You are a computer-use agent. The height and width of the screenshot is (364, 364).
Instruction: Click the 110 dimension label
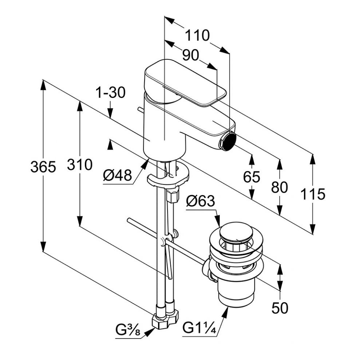click(198, 36)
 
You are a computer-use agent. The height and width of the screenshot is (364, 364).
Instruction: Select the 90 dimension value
click(190, 55)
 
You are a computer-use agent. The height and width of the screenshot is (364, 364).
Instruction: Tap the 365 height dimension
click(43, 167)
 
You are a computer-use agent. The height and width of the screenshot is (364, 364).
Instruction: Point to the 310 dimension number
click(79, 165)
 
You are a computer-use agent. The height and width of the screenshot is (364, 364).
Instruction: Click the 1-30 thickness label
click(110, 93)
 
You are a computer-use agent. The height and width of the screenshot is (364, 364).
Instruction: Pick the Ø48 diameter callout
click(117, 176)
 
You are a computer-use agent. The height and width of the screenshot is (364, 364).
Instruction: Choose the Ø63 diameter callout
click(201, 201)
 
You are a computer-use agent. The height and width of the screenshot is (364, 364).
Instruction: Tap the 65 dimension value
click(252, 177)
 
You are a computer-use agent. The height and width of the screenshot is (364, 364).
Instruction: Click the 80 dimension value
click(279, 187)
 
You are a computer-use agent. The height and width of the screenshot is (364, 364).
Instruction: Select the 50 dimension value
click(280, 308)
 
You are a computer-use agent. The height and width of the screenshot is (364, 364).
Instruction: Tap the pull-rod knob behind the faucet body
click(140, 109)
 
